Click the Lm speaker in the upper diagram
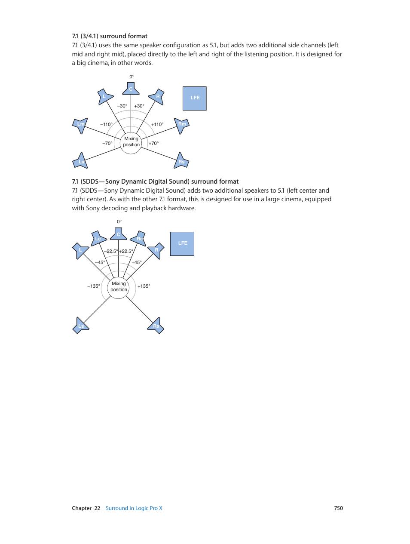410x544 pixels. (80, 125)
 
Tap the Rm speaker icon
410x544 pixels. (182, 125)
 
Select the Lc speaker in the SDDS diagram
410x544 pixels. (98, 238)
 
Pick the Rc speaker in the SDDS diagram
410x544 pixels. (139, 238)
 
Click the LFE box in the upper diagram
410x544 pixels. (195, 98)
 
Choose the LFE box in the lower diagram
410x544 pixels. (182, 243)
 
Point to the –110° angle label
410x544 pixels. (106, 124)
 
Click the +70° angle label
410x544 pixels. (153, 143)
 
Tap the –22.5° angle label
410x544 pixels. (111, 251)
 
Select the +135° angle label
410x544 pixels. (144, 286)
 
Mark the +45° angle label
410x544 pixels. (137, 262)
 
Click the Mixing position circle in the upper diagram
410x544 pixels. (131, 142)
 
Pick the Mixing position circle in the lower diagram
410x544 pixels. (119, 287)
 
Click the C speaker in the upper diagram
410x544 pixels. (131, 89)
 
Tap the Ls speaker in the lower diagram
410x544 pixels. (81, 326)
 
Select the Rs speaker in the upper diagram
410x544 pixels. (181, 161)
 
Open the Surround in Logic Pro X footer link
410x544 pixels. (134, 508)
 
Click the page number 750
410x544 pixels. (338, 508)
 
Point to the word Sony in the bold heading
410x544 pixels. (112, 181)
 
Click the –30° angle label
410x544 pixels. (122, 106)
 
